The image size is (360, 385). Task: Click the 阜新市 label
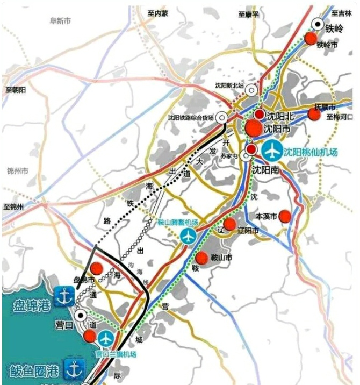point(60,20)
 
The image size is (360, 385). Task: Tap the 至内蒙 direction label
point(159,13)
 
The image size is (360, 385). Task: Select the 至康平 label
point(249,13)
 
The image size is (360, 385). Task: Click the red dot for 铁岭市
point(310,38)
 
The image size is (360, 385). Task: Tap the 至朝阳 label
point(16,90)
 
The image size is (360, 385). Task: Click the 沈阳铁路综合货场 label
point(191,118)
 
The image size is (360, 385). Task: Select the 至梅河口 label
point(339,116)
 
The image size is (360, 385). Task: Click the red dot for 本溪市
point(285,216)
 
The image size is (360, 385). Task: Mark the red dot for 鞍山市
point(202,258)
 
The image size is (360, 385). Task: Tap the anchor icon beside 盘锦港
point(64,296)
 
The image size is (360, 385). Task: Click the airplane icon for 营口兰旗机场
point(106,338)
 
